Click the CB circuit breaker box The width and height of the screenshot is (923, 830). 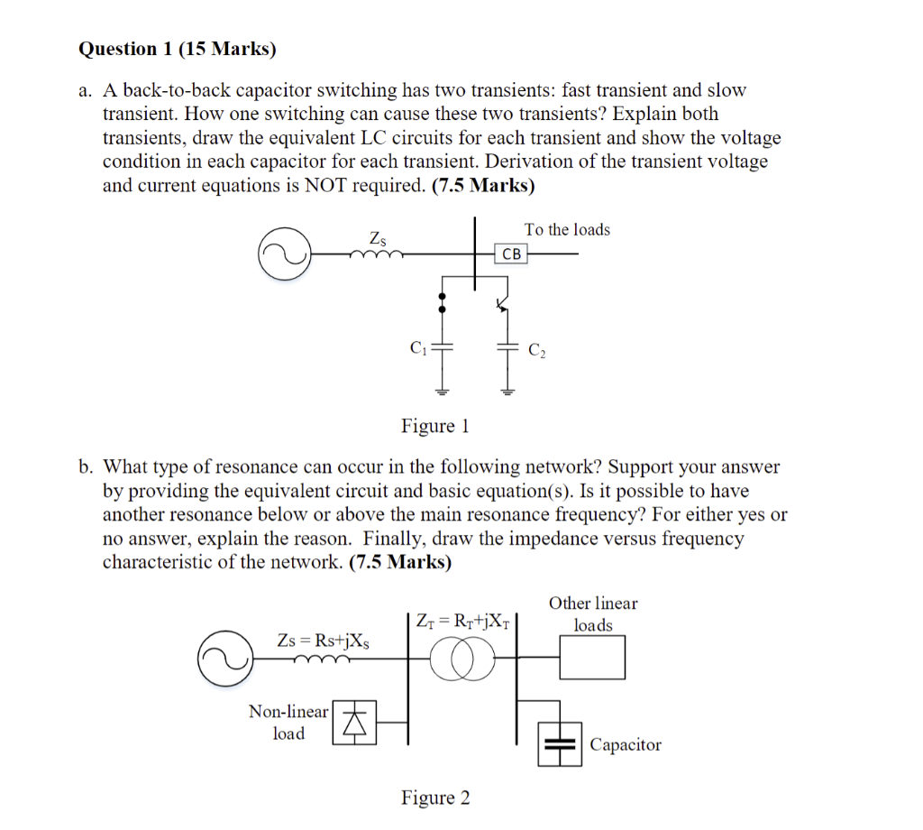pyautogui.click(x=511, y=254)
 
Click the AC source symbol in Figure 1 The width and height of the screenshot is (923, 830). pyautogui.click(x=283, y=254)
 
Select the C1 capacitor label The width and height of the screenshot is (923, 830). pyautogui.click(x=417, y=347)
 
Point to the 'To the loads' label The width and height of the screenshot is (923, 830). pyautogui.click(x=567, y=230)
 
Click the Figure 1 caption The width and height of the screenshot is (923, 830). pyautogui.click(x=435, y=426)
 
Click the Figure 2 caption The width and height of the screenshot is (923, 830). pyautogui.click(x=435, y=798)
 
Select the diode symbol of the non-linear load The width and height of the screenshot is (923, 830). pyautogui.click(x=355, y=723)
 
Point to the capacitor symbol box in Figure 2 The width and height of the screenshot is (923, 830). pyautogui.click(x=560, y=744)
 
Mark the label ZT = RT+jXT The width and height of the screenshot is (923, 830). pyautogui.click(x=462, y=621)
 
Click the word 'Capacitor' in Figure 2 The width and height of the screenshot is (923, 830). pyautogui.click(x=626, y=745)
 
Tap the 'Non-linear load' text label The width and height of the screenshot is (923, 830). pyautogui.click(x=288, y=723)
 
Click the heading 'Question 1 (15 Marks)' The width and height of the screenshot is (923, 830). pyautogui.click(x=178, y=49)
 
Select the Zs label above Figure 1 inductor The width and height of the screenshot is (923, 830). pyautogui.click(x=379, y=239)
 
